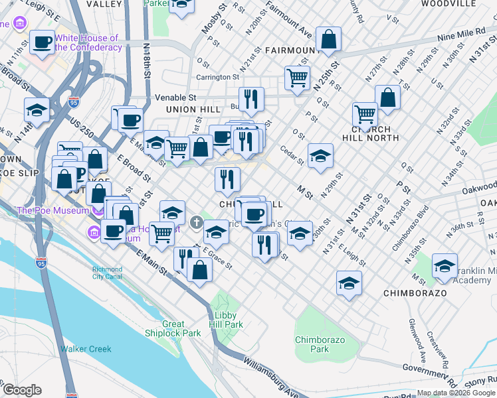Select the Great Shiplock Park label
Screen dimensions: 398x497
(x=173, y=329)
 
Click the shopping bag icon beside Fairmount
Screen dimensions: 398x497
(x=328, y=39)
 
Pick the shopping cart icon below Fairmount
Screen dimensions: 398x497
(x=297, y=77)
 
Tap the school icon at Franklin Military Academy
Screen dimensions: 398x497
(x=444, y=265)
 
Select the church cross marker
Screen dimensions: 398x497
(x=197, y=222)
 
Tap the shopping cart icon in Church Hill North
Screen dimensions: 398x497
(x=365, y=114)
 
